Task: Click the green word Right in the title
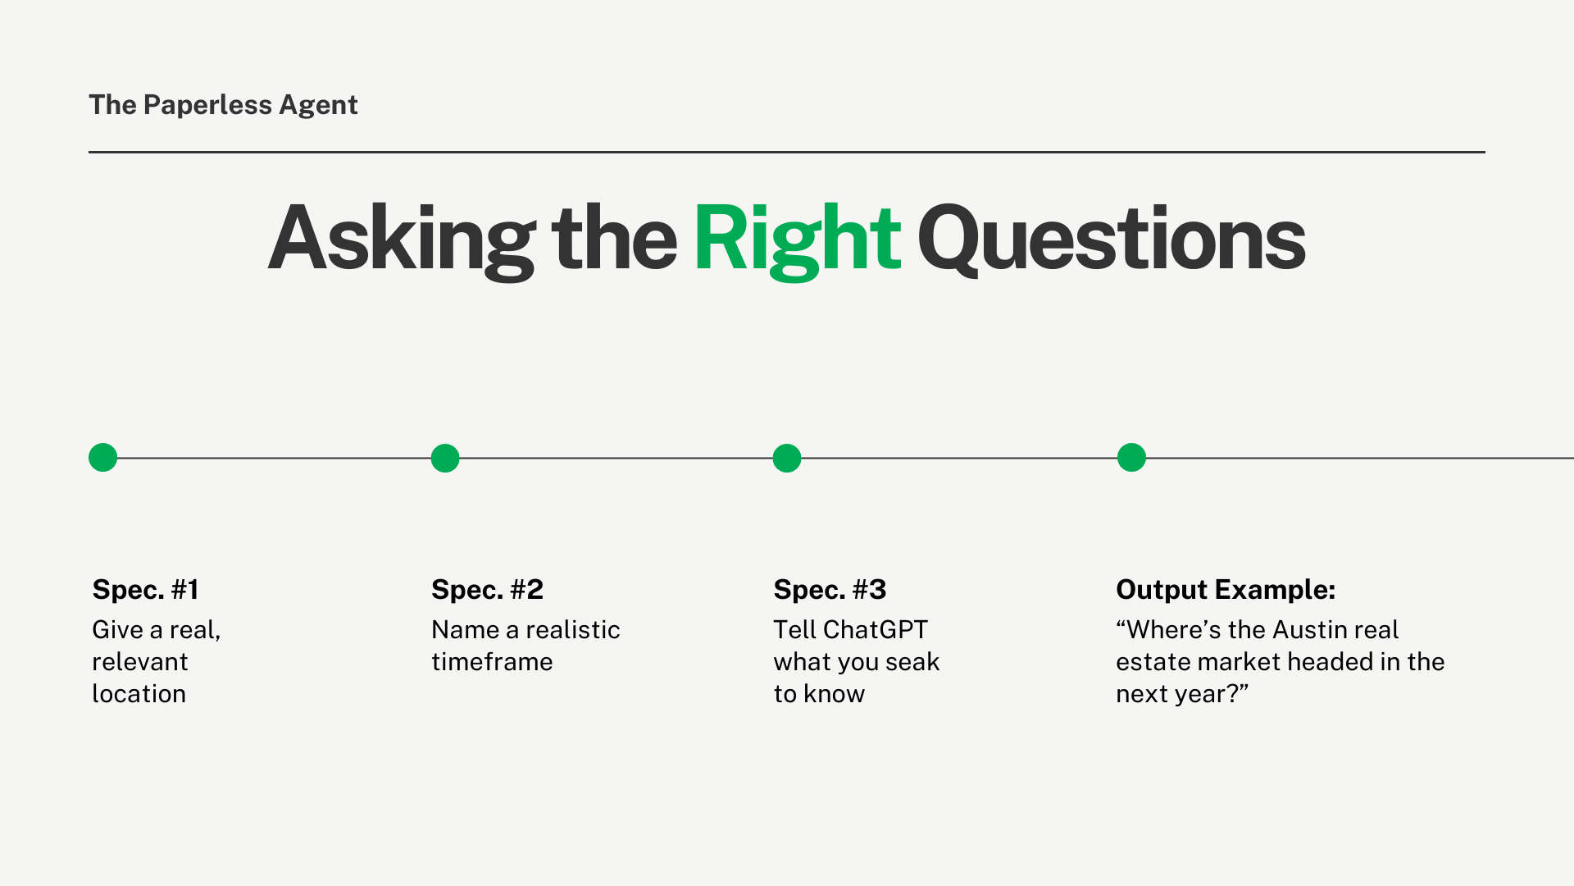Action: [798, 240]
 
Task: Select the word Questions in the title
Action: [1112, 240]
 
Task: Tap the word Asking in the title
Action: [402, 240]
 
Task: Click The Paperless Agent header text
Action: [223, 105]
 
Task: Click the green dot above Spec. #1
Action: [103, 457]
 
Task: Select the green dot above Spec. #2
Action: [445, 458]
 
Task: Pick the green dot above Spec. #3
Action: [787, 458]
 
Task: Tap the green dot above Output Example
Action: [1131, 457]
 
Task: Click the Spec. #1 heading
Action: [146, 590]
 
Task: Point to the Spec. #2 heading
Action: [488, 590]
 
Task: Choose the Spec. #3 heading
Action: [830, 590]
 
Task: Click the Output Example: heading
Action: [1226, 590]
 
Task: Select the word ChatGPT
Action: [876, 630]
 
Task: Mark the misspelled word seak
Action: [912, 662]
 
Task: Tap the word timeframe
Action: [493, 662]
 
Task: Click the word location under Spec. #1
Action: [139, 694]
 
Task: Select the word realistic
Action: [573, 630]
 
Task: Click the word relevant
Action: [140, 662]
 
